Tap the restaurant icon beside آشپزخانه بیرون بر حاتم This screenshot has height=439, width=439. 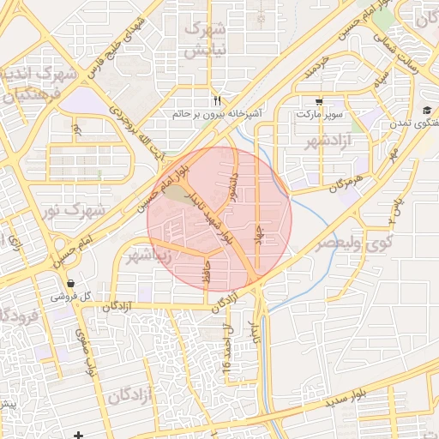[218, 99]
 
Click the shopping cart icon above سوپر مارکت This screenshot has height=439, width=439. [319, 100]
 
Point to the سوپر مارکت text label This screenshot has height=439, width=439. [319, 113]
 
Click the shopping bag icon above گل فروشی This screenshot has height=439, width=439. [69, 283]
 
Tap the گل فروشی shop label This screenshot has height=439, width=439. [69, 296]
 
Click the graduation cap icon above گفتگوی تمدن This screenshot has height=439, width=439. [426, 110]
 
